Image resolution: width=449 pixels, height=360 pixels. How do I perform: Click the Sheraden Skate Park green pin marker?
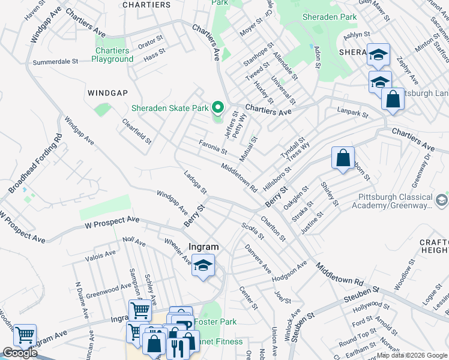[x=218, y=108]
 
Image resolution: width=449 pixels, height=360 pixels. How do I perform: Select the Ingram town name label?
[x=203, y=247]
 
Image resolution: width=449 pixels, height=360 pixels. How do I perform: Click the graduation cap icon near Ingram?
[x=203, y=266]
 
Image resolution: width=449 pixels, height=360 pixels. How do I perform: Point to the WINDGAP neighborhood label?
[x=108, y=93]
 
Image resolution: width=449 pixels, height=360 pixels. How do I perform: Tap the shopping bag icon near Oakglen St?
[x=343, y=159]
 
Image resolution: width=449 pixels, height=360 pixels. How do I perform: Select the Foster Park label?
[x=218, y=322]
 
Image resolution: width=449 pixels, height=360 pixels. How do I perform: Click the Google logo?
[x=20, y=353]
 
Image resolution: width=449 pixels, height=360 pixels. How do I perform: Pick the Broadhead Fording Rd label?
[x=35, y=163]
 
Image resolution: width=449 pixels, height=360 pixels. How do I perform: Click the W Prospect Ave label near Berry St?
[x=111, y=223]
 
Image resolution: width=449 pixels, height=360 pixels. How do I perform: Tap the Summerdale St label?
[x=56, y=62]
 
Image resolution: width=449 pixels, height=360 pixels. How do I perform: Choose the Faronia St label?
[x=212, y=146]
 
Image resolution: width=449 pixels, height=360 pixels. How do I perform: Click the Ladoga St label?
[x=195, y=183]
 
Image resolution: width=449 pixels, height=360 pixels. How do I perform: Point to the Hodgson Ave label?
[x=289, y=269]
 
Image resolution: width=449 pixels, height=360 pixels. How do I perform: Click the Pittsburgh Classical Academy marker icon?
[x=442, y=200]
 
